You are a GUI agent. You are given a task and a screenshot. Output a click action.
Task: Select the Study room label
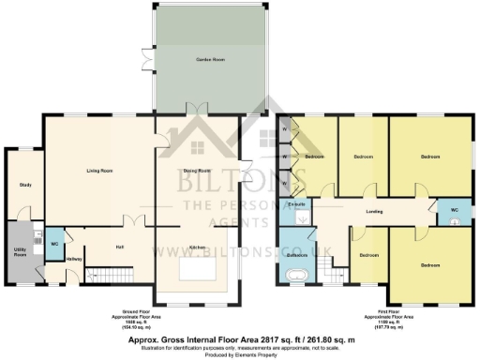pyautogui.click(x=25, y=185)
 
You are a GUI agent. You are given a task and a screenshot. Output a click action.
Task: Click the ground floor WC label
pyautogui.click(x=53, y=242)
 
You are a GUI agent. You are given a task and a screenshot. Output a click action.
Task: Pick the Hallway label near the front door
pyautogui.click(x=75, y=259)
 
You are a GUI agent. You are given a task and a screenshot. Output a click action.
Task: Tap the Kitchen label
pyautogui.click(x=198, y=247)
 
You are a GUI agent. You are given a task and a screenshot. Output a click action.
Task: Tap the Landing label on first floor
pyautogui.click(x=374, y=212)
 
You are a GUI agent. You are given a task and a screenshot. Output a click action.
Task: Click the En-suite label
pyautogui.click(x=299, y=203)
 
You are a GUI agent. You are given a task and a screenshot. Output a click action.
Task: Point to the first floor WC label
pyautogui.click(x=454, y=209)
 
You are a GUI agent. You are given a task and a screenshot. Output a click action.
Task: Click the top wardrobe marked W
pyautogui.click(x=284, y=127)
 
